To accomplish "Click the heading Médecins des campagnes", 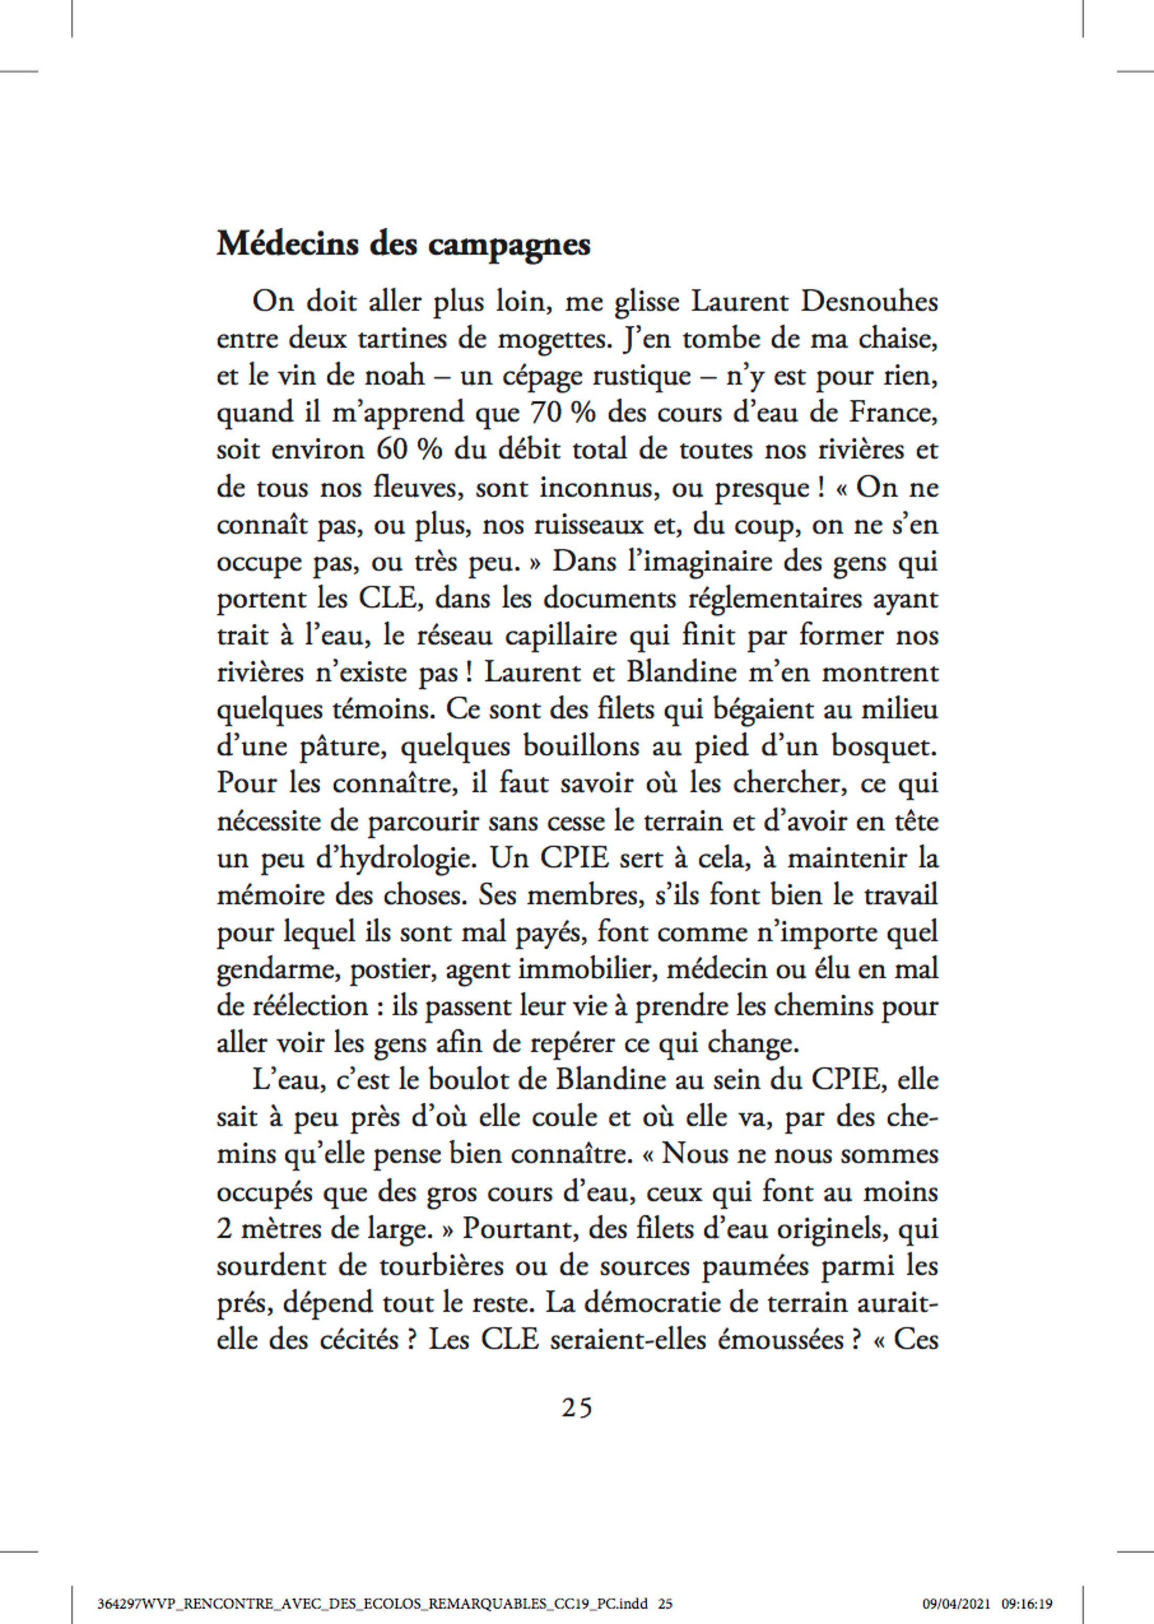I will coord(403,245).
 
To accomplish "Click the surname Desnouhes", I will coord(869,302).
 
